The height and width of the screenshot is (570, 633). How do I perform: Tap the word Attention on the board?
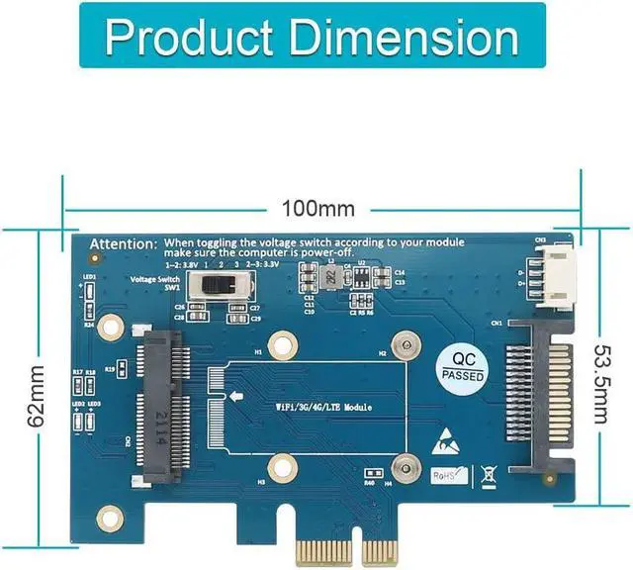pyautogui.click(x=123, y=243)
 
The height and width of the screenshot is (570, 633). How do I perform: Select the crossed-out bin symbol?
pyautogui.click(x=487, y=473)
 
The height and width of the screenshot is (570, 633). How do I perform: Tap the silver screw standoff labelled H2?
pyautogui.click(x=403, y=346)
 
